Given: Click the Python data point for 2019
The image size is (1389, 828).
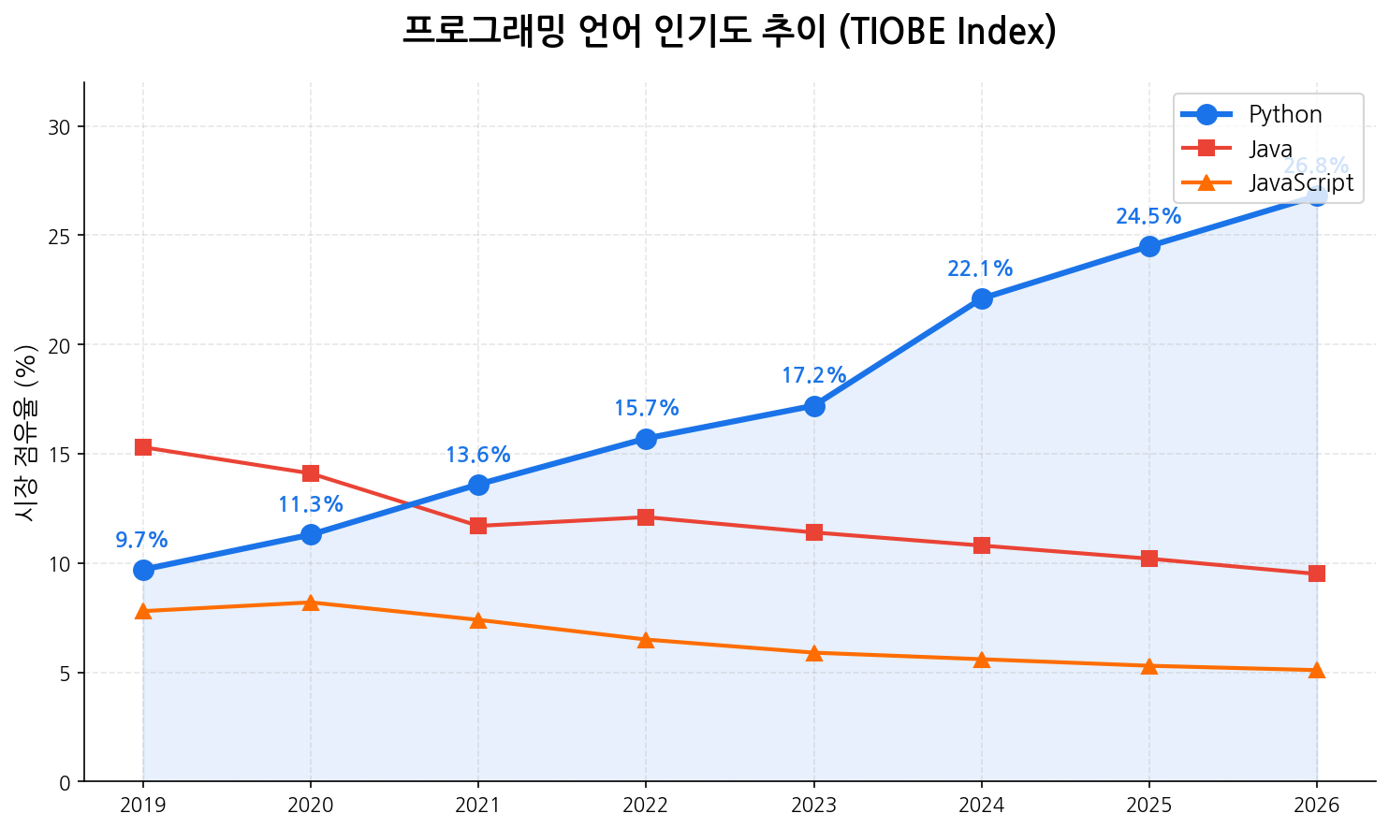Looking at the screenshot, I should (143, 570).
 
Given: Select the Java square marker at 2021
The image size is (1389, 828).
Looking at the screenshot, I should (478, 526).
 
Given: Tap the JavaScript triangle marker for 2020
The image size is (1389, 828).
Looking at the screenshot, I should (311, 603).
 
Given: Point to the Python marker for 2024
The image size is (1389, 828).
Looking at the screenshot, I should (982, 298).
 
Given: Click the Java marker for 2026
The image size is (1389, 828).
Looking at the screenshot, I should (1317, 574).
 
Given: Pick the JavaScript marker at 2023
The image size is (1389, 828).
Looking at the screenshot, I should (814, 652).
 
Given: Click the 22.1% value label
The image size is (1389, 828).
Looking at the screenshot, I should (980, 269).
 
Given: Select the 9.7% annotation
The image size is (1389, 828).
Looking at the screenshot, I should (141, 541).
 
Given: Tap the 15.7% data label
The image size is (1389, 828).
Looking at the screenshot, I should (646, 409).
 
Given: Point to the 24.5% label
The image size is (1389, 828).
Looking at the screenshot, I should (1148, 217).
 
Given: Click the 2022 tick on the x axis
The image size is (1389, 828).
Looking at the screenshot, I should (646, 806).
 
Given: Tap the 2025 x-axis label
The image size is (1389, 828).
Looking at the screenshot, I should (1149, 806).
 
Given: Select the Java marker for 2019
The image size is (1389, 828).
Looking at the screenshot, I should (143, 447).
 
